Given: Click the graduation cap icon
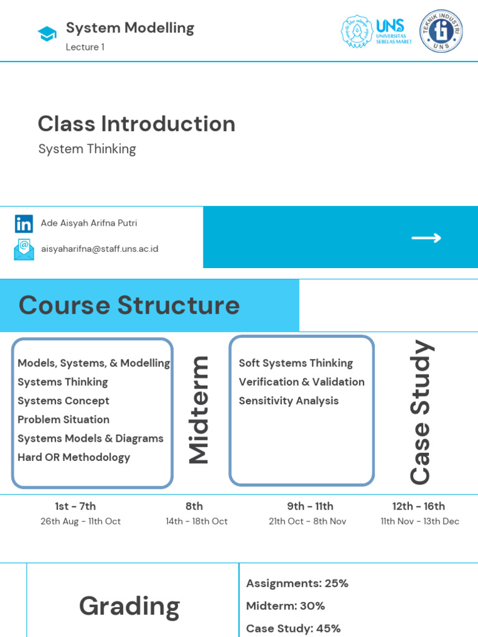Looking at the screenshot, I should click(x=47, y=34).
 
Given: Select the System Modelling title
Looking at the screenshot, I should click(x=130, y=28).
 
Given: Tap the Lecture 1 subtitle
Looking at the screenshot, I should click(x=85, y=47).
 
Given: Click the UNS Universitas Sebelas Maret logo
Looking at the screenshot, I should click(x=377, y=32).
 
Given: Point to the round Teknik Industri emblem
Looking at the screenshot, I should click(x=441, y=31).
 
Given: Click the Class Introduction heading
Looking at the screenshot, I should click(x=136, y=124).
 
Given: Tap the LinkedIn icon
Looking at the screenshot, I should click(x=24, y=224).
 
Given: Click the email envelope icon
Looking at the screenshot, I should click(x=24, y=249).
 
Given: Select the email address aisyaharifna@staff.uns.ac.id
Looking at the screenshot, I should click(x=100, y=249).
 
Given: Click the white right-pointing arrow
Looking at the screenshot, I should click(x=426, y=238).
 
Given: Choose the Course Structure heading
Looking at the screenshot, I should click(x=129, y=305).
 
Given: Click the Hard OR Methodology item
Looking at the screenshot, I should click(x=74, y=457).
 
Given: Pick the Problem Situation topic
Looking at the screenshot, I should click(x=63, y=420).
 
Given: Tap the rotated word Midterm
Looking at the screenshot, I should click(x=200, y=411).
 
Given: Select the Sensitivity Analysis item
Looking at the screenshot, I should click(x=289, y=401).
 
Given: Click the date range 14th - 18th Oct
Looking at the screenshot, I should click(x=197, y=521).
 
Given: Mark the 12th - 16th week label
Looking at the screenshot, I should click(x=419, y=506).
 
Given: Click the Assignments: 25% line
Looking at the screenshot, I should click(x=298, y=584).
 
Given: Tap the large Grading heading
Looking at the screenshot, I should click(x=129, y=607).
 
